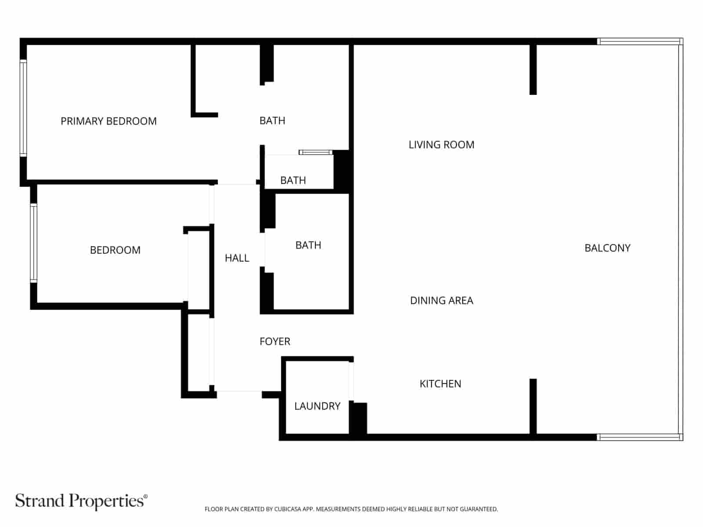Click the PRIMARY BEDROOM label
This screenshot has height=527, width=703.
click(109, 121)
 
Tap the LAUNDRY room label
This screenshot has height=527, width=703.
click(317, 406)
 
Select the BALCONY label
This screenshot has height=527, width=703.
click(607, 248)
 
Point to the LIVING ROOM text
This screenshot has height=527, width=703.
click(441, 145)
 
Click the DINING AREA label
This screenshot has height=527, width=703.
click(441, 301)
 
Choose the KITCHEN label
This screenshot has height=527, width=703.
click(440, 384)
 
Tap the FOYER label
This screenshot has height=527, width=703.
click(275, 342)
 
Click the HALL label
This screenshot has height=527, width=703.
click(237, 258)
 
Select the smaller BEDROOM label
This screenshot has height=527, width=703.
click(115, 250)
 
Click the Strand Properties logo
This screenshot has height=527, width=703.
click(81, 501)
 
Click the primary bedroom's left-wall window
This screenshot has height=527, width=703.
click(23, 108)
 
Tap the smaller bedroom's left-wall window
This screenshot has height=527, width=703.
click(33, 243)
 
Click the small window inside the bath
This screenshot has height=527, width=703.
click(315, 152)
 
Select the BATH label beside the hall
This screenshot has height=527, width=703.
click(308, 245)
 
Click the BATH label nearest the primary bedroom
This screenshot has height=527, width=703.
click(272, 121)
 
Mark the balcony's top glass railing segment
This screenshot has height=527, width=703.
click(639, 42)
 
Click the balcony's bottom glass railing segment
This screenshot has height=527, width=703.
click(639, 437)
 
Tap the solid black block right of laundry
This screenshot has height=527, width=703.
click(358, 419)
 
